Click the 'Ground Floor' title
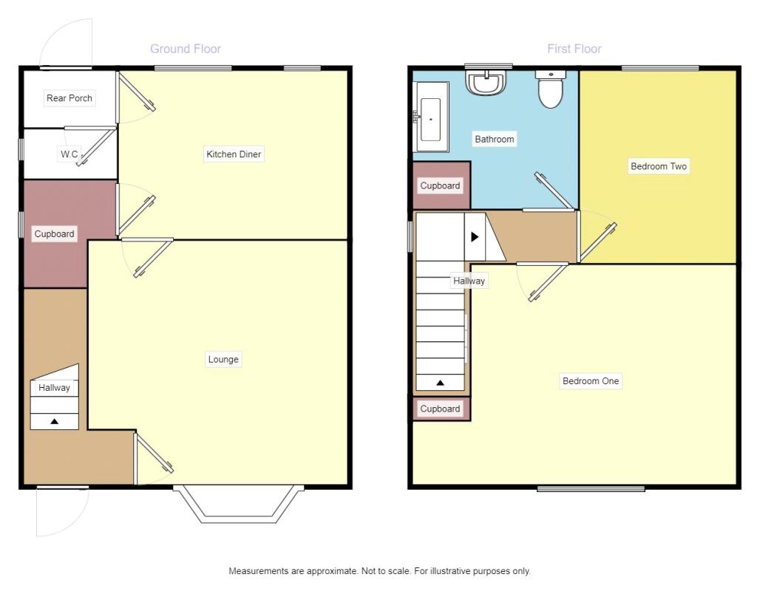tap(186, 49)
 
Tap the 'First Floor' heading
tap(574, 49)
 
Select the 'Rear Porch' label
tap(69, 98)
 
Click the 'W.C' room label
tap(69, 154)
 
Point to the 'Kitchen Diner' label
tap(234, 154)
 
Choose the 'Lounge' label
tap(223, 359)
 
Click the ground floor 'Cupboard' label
tap(55, 234)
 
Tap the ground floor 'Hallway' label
tap(54, 387)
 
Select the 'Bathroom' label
tap(494, 139)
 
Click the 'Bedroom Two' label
tap(658, 166)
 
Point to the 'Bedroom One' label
tap(591, 381)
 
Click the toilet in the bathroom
tap(550, 89)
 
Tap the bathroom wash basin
tap(487, 82)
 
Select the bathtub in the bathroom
tap(431, 117)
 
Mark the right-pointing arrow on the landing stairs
tap(475, 236)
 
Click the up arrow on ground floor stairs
tap(54, 421)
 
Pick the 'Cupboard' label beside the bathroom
tap(440, 186)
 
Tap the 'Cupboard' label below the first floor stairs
tap(440, 409)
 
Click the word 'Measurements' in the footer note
tap(257, 571)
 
